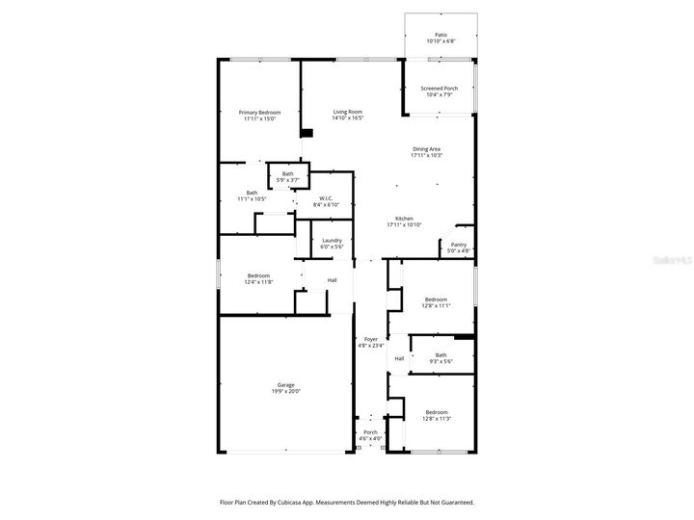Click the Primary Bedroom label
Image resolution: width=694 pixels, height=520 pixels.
pos(259,113)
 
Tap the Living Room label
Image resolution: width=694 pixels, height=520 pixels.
pos(348,113)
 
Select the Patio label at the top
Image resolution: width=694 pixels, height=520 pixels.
pos(440,34)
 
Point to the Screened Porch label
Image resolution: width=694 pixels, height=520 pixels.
pos(440,88)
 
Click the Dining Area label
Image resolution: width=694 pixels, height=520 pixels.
pos(426,148)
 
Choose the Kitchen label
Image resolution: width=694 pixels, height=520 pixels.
pos(405,219)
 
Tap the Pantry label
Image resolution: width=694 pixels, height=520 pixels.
pos(459,245)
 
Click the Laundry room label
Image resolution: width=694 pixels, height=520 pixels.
pos(333,241)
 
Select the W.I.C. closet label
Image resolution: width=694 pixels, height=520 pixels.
pos(328,198)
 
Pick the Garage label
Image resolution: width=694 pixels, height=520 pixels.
pos(286,384)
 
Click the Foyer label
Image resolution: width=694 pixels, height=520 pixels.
pos(371,339)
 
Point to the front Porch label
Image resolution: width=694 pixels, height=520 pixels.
pos(371,432)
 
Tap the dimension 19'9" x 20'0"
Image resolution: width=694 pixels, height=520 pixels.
pos(286,391)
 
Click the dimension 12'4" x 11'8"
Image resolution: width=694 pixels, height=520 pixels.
pos(259,281)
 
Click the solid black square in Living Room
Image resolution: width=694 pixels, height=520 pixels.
pos(307,135)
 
